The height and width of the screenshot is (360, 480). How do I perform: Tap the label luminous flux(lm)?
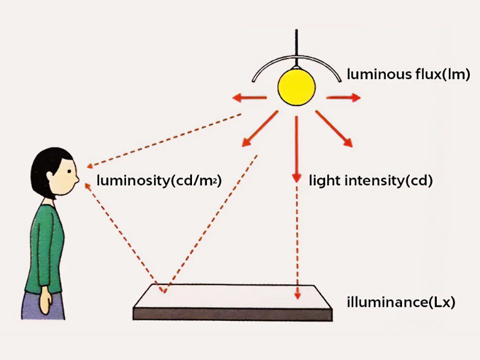(408, 76)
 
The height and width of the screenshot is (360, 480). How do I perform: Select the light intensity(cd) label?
(371, 179)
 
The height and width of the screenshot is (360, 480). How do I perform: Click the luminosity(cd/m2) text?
(159, 179)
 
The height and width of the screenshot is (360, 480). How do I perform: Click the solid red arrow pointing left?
(250, 98)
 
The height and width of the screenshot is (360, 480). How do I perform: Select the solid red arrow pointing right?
(343, 97)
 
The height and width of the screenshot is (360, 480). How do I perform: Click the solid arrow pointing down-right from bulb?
(334, 127)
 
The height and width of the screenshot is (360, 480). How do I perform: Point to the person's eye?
(68, 170)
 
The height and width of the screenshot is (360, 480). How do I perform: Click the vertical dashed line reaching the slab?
(296, 240)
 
